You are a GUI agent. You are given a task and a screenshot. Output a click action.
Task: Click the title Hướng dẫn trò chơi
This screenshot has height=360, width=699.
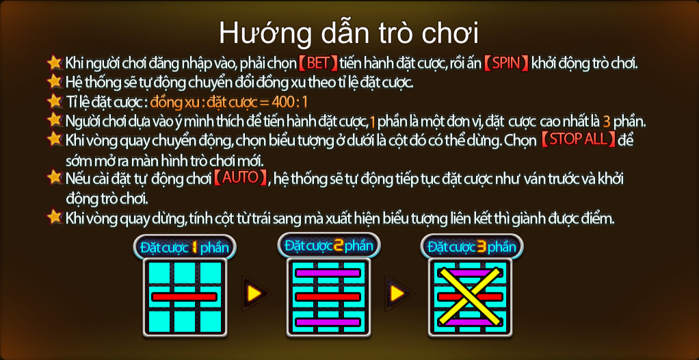pyautogui.click(x=349, y=33)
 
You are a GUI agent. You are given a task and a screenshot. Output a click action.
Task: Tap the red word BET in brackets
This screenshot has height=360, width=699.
pyautogui.click(x=318, y=64)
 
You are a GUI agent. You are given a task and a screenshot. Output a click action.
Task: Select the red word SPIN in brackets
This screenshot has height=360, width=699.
pyautogui.click(x=506, y=64)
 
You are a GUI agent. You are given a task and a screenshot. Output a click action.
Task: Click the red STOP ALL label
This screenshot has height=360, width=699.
pyautogui.click(x=578, y=139)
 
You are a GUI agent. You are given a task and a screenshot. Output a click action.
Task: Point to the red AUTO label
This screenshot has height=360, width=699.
pyautogui.click(x=240, y=177)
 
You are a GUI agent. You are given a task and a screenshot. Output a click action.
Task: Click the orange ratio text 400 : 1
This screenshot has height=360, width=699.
pyautogui.click(x=289, y=102)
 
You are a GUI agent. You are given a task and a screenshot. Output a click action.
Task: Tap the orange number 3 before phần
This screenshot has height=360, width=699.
pyautogui.click(x=606, y=121)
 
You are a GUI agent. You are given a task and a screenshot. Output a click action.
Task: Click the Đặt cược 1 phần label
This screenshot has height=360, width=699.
pyautogui.click(x=185, y=248)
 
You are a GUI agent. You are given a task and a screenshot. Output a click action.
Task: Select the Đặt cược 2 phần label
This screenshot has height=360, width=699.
pyautogui.click(x=329, y=245)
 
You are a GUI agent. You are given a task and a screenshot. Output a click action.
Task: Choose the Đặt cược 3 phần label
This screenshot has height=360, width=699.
pyautogui.click(x=472, y=246)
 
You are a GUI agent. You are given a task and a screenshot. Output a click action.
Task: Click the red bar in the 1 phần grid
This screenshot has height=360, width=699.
pyautogui.click(x=185, y=297)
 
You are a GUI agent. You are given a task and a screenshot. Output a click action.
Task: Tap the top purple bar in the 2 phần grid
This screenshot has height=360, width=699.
pyautogui.click(x=328, y=273)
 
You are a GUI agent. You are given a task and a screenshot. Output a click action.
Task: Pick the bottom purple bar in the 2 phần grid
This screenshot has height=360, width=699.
pyautogui.click(x=328, y=322)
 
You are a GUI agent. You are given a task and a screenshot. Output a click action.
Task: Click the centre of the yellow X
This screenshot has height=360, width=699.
pyautogui.click(x=470, y=296)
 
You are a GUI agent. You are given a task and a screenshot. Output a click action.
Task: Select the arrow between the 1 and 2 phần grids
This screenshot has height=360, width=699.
pyautogui.click(x=255, y=293)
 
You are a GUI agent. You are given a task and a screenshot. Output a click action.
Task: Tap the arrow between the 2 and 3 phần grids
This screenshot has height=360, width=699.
pyautogui.click(x=398, y=293)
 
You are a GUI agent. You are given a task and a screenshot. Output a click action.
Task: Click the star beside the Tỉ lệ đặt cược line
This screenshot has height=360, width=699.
pyautogui.click(x=55, y=101)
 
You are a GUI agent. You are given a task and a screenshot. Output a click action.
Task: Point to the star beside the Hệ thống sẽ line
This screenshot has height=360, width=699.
pyautogui.click(x=55, y=81)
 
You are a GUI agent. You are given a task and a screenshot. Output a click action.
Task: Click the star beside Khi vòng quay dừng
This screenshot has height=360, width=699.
pyautogui.click(x=55, y=217)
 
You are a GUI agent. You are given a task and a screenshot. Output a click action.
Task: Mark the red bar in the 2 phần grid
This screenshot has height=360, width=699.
pyautogui.click(x=328, y=297)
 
